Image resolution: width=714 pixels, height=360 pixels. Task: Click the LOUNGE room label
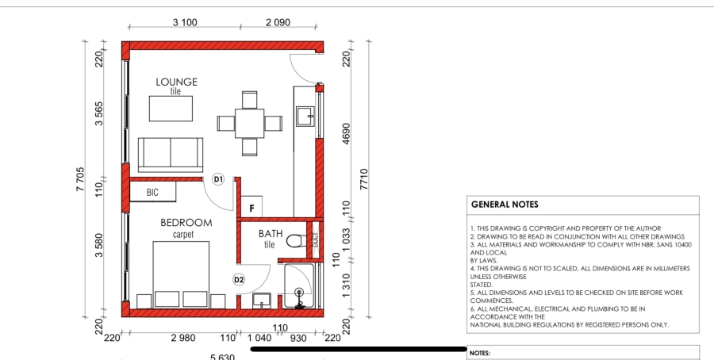click(x=176, y=82)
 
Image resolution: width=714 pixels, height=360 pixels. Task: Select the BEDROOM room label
click(x=186, y=223)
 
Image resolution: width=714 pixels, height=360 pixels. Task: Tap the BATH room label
click(x=270, y=234)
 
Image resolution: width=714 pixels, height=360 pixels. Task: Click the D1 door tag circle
click(x=217, y=179)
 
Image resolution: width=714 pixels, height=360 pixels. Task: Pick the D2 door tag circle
click(x=238, y=279)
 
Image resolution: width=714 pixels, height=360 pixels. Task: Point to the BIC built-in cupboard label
click(x=153, y=192)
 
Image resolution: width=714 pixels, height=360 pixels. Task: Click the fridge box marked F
click(x=251, y=208)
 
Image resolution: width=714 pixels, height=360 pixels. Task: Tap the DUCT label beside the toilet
click(x=315, y=239)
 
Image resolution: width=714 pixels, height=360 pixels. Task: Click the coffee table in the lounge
click(x=171, y=109)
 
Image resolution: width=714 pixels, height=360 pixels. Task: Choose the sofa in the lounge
click(x=171, y=154)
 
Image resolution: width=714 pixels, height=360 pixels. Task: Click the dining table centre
click(x=250, y=123)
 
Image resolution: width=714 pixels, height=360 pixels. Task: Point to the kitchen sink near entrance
click(x=305, y=117)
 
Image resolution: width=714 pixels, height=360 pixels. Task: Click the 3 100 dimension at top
click(x=184, y=22)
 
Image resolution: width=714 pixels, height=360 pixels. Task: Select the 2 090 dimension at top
click(x=278, y=22)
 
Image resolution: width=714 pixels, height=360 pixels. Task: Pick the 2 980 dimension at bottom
click(x=183, y=339)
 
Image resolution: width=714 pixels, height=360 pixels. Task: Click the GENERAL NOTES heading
click(x=505, y=204)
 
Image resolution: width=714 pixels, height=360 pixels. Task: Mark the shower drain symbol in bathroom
click(x=299, y=294)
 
